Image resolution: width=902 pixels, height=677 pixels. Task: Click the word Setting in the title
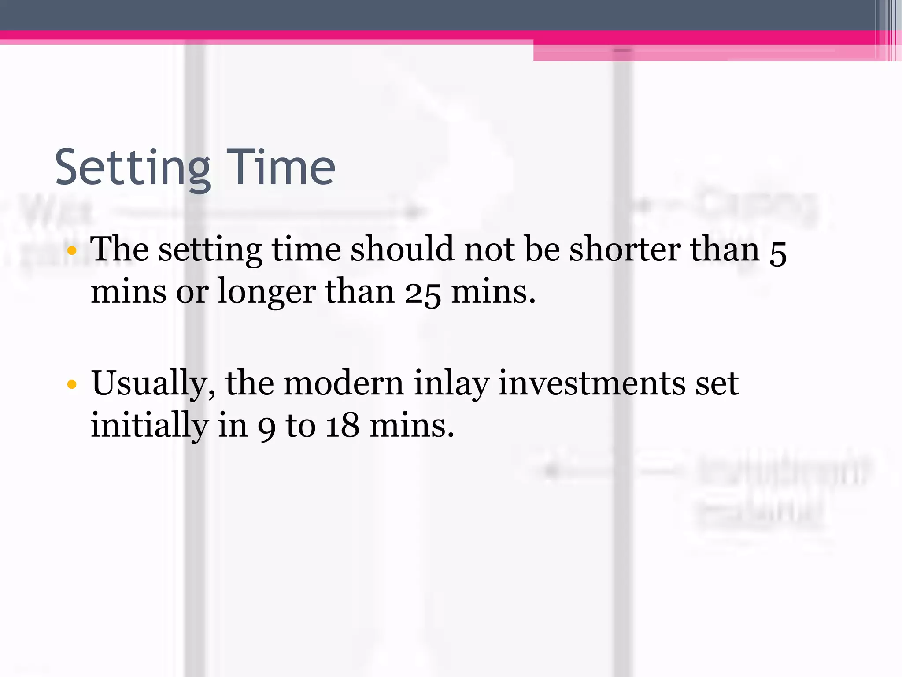pyautogui.click(x=133, y=168)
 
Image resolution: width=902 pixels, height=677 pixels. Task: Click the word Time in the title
pyautogui.click(x=281, y=167)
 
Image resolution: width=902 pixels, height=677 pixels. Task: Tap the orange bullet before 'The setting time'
pyautogui.click(x=72, y=251)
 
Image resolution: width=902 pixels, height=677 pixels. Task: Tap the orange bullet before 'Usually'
pyautogui.click(x=72, y=384)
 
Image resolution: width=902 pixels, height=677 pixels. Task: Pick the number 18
pyautogui.click(x=342, y=426)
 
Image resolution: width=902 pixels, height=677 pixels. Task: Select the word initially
pyautogui.click(x=149, y=426)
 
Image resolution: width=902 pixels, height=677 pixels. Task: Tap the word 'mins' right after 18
pyautogui.click(x=412, y=426)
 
